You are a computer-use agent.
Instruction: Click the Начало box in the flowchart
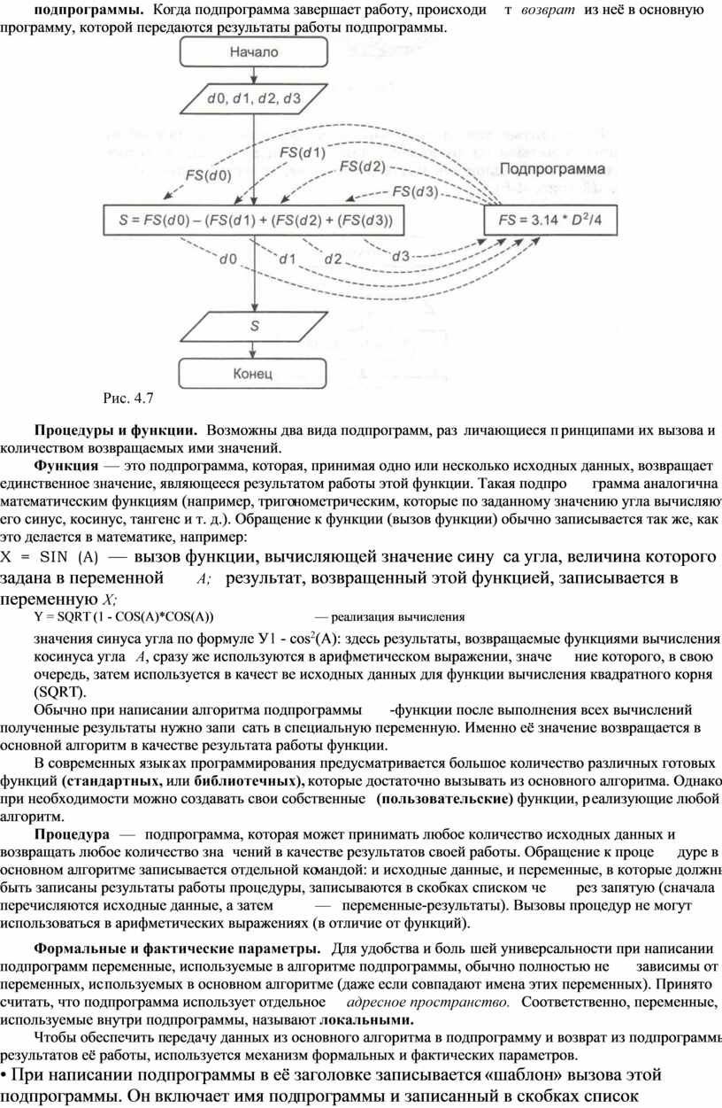tap(254, 52)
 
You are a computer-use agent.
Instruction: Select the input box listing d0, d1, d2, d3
tap(254, 98)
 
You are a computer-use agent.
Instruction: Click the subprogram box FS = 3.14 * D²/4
tap(549, 218)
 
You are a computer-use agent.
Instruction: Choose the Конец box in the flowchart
tap(254, 373)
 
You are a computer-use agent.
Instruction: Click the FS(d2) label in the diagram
tap(362, 167)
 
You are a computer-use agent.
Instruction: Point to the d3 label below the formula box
tap(400, 256)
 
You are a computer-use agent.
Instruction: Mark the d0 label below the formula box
tap(228, 259)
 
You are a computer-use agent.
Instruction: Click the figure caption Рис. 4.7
tap(128, 396)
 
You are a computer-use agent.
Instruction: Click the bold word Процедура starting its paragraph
tap(73, 834)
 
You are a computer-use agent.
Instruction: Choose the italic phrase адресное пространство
tap(428, 1002)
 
